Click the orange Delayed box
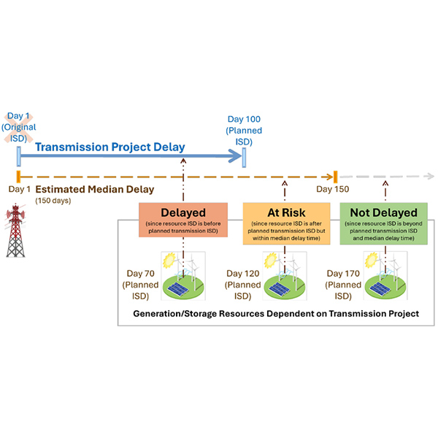[x=183, y=220]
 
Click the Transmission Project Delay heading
[x=110, y=147]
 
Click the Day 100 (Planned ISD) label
[x=244, y=131]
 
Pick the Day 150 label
[x=332, y=190]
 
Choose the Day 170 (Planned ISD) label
[x=339, y=282]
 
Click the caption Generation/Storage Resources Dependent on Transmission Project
[x=276, y=314]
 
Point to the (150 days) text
[x=53, y=201]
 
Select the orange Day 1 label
[x=18, y=189]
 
